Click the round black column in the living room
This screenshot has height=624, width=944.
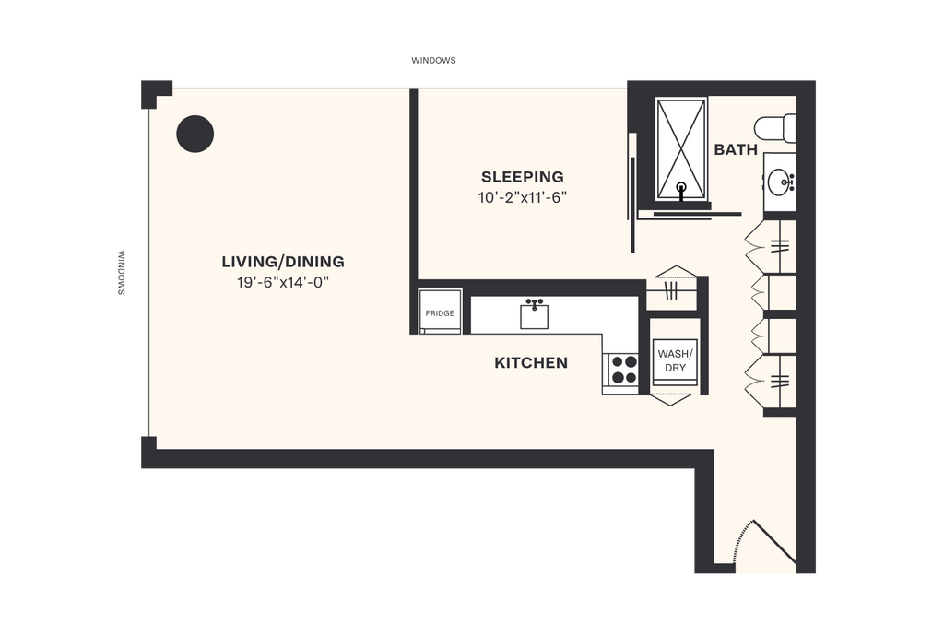(195, 134)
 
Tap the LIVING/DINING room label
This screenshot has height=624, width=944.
(282, 262)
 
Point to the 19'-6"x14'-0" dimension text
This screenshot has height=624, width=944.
(282, 282)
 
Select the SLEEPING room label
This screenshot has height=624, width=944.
(523, 177)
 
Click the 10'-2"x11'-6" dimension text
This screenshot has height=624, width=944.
(523, 197)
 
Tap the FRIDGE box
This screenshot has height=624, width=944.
(439, 313)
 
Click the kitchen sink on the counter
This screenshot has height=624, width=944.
(534, 314)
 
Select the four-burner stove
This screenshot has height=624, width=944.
(623, 370)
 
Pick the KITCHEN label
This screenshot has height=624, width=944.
(531, 363)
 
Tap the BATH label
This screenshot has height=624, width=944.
(736, 149)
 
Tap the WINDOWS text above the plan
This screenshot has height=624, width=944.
(433, 62)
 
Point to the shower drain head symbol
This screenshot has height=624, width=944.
(681, 189)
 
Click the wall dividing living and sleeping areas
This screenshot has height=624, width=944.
(414, 184)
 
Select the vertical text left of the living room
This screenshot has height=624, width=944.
(122, 272)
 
